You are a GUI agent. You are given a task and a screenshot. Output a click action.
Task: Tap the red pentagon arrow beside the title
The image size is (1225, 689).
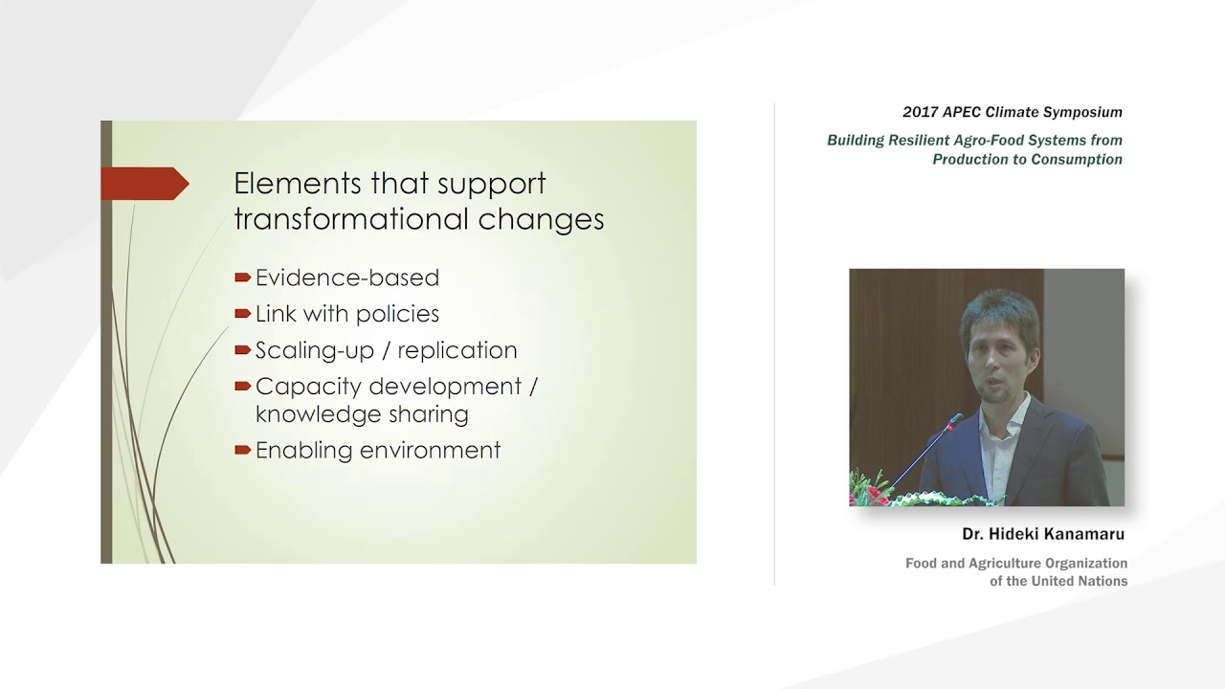(144, 184)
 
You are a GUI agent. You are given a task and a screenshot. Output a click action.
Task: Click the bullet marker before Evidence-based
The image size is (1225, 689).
(243, 278)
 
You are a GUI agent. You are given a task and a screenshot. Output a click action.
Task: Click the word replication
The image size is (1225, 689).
(457, 350)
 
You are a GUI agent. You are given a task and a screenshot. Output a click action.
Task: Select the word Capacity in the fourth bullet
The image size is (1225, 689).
(308, 387)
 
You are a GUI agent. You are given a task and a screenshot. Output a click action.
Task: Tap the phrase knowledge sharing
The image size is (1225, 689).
(362, 414)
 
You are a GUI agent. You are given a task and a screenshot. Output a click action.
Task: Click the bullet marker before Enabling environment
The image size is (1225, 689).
(243, 451)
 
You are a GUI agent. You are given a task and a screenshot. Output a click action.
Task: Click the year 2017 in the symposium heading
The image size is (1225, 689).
(921, 112)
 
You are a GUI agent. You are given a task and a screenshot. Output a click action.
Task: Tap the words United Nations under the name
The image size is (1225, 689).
(1070, 581)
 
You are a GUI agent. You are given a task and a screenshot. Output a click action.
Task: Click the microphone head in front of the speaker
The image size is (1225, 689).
(954, 419)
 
